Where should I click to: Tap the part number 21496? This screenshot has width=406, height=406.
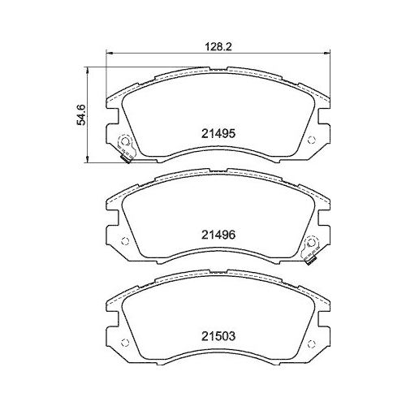click(x=218, y=234)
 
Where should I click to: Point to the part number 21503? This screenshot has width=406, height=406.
click(x=218, y=334)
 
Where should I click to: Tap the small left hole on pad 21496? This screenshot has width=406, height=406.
click(x=122, y=241)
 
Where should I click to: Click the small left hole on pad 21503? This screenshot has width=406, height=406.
click(x=122, y=341)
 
